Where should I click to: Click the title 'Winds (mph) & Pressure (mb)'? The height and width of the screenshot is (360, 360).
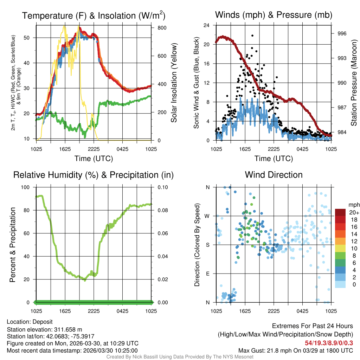tap(274, 15)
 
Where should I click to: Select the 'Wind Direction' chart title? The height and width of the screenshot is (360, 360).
tap(274, 175)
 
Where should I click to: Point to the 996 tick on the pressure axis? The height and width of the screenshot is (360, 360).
tap(342, 33)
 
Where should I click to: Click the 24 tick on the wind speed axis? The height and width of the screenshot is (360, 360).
tap(206, 25)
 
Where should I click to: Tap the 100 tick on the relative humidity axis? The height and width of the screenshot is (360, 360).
tap(27, 187)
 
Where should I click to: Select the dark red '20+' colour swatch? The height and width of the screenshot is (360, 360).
tap(340, 212)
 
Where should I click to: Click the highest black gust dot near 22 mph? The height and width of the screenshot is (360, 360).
tap(252, 36)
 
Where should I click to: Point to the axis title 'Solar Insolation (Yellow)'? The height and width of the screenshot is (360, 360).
tap(174, 83)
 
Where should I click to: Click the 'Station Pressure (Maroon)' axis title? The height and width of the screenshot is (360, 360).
tap(354, 83)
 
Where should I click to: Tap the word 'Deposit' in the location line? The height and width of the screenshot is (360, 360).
tap(43, 322)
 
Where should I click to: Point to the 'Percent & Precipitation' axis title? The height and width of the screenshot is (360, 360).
tap(13, 245)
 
